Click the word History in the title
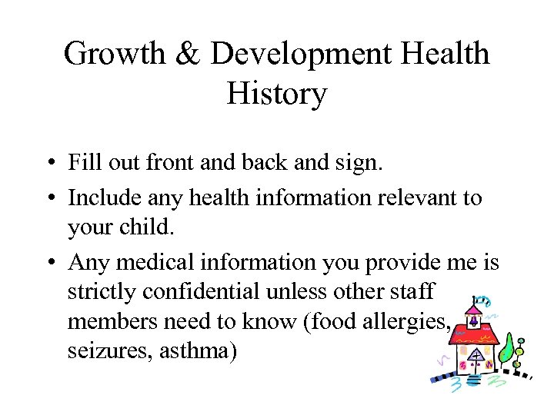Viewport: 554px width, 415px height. pos(277,94)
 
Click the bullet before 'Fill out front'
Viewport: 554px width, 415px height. pos(48,164)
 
